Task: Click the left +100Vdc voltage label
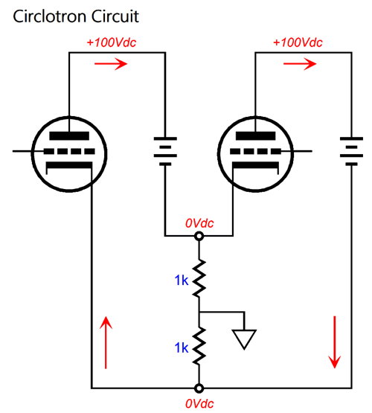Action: pos(112,42)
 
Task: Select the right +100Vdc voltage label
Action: pos(298,42)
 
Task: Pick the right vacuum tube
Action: pos(254,153)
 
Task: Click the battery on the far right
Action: pos(350,152)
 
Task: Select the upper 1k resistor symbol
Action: pos(199,275)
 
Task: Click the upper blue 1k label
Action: pos(181,280)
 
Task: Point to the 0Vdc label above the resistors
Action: pos(199,222)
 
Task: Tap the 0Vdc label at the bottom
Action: pos(199,403)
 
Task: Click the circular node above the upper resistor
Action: pos(199,237)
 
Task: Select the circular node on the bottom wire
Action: pos(199,388)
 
